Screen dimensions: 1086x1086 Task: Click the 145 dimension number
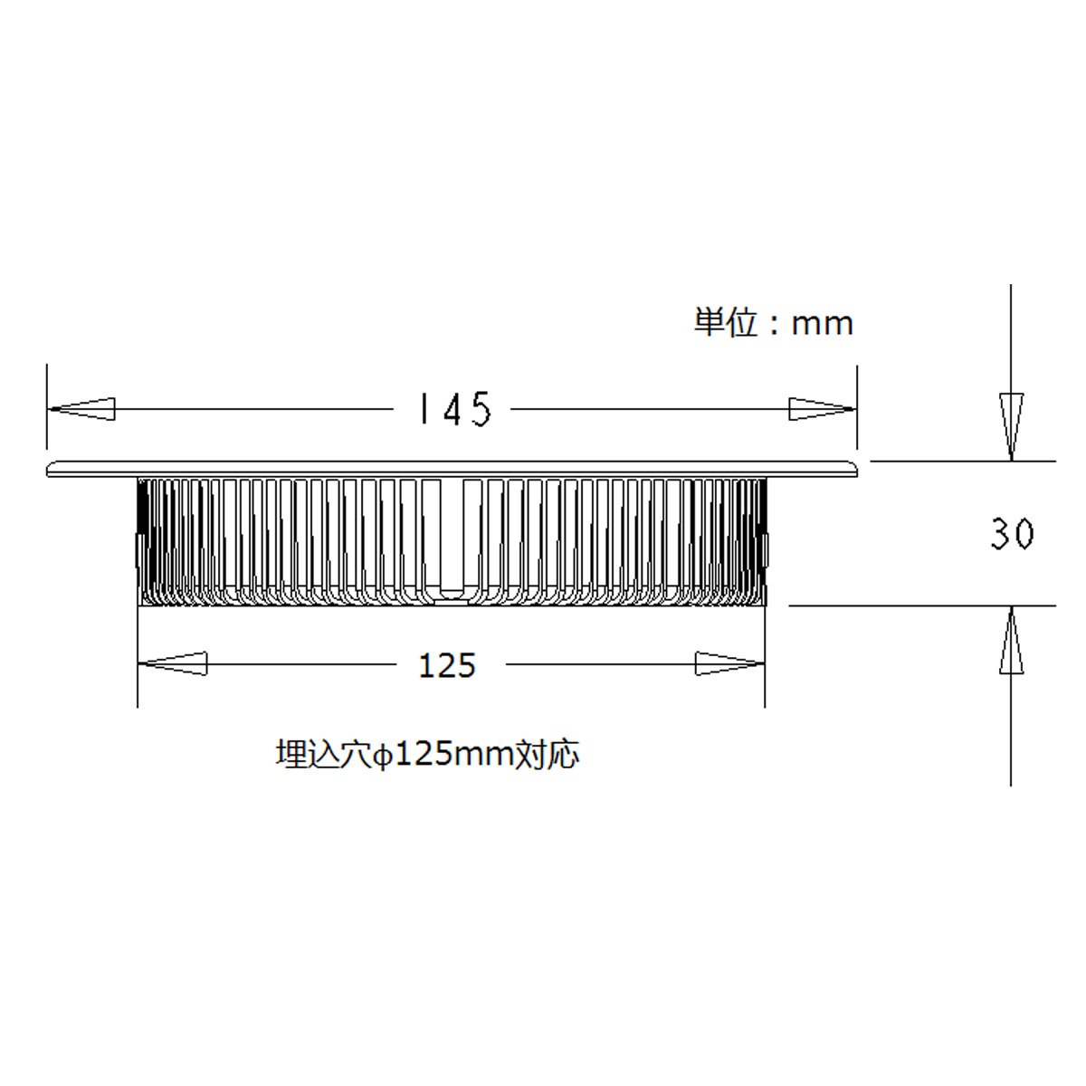453,409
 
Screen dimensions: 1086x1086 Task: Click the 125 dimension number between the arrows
447,666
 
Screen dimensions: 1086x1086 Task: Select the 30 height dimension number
1011,534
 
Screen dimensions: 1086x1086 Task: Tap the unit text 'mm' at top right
822,323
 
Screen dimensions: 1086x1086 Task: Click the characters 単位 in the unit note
725,322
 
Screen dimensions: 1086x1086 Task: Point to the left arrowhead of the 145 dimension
81,409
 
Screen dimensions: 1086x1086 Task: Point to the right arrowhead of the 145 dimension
822,409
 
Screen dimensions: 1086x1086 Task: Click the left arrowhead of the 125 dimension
173,664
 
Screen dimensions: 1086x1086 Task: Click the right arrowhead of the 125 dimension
729,664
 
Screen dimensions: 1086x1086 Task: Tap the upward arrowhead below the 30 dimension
1011,641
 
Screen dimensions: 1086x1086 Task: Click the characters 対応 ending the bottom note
547,754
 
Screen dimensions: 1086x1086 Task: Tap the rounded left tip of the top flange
51,468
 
